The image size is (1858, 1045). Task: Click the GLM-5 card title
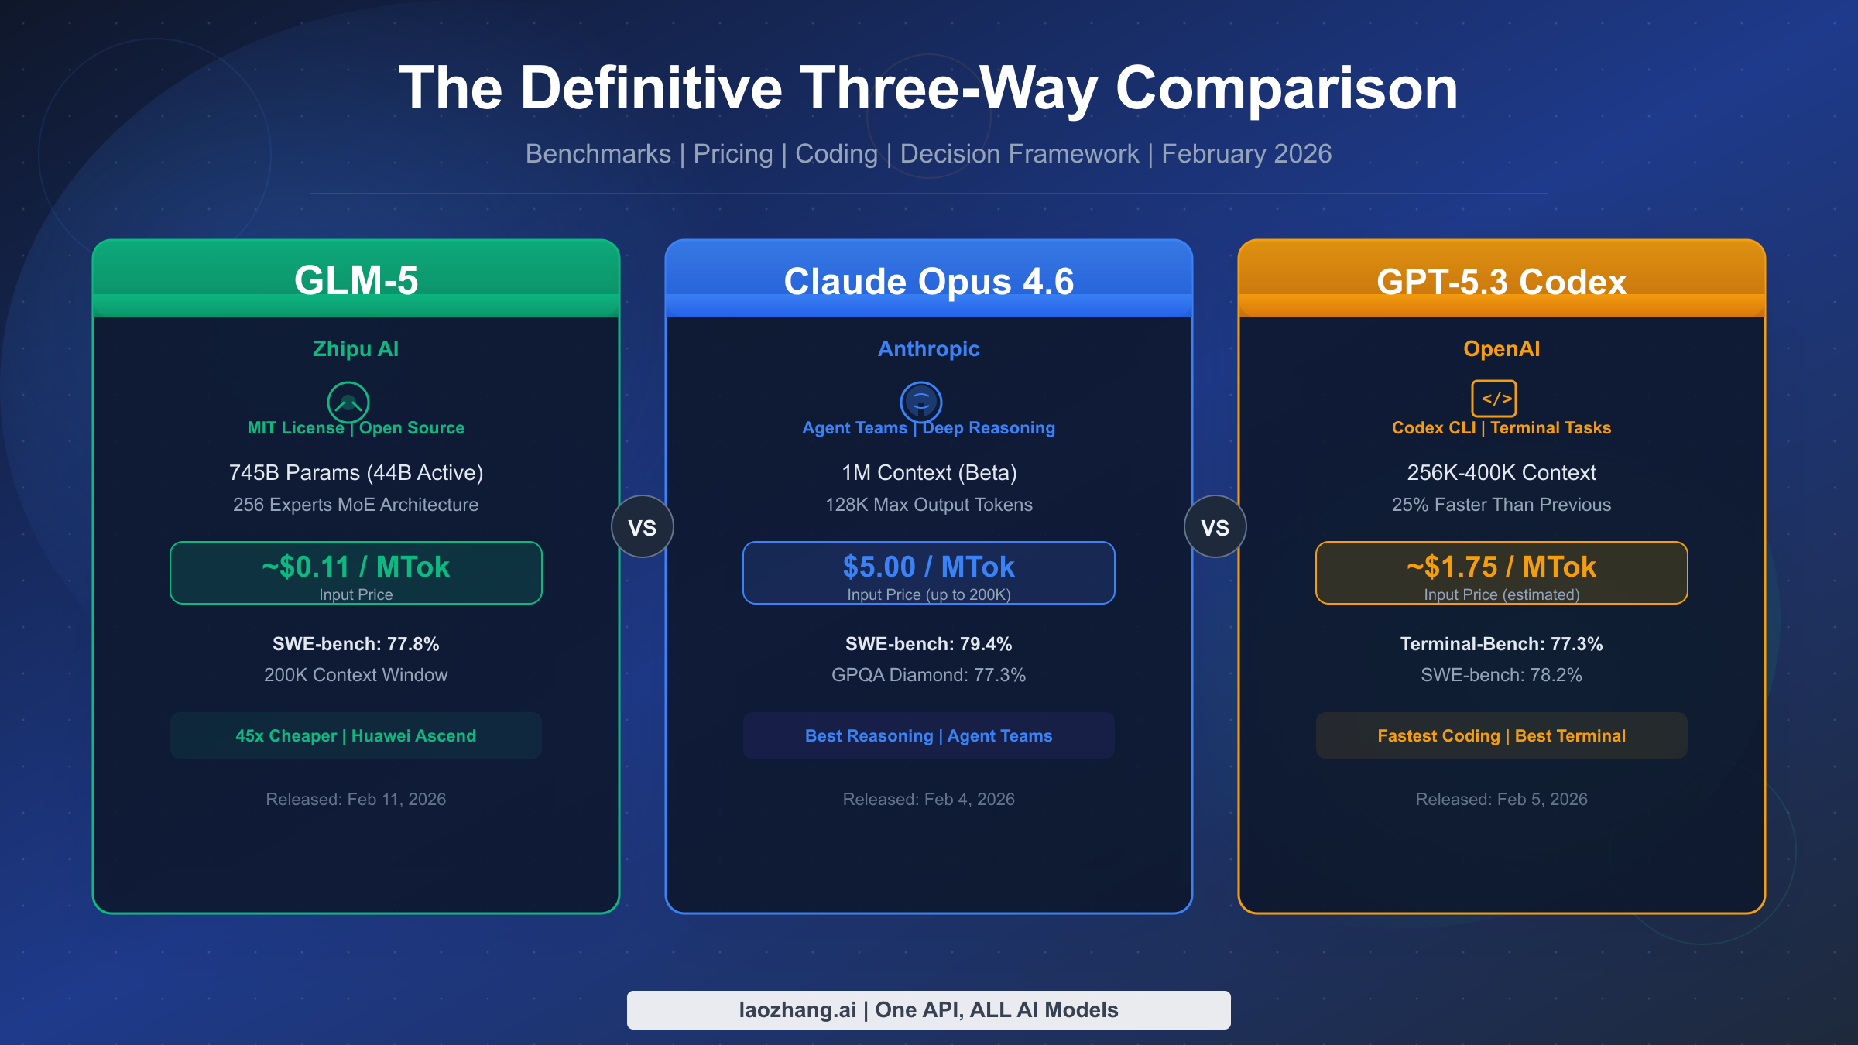[356, 280]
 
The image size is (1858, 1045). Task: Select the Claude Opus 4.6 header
[928, 281]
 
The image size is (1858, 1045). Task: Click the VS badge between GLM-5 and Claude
[643, 527]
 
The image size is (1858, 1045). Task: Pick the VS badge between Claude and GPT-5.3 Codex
[1215, 527]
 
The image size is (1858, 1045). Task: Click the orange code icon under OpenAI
[1494, 399]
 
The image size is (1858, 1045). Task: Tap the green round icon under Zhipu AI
[348, 402]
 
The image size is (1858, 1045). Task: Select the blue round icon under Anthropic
[921, 402]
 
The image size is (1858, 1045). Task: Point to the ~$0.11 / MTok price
[356, 567]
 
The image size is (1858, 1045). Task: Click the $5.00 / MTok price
[928, 567]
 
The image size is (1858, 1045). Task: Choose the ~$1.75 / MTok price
[1501, 567]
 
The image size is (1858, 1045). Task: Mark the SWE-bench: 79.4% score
[928, 644]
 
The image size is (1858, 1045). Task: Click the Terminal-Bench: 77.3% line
[1501, 644]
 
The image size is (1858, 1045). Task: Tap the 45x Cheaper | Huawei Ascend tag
[356, 735]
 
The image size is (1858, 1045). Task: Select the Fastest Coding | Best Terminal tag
[1501, 735]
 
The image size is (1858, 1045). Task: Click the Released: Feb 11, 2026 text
[356, 799]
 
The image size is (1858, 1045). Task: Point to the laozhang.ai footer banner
[928, 1009]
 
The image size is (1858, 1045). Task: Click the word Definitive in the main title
[651, 88]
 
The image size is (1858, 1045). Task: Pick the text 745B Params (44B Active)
[356, 472]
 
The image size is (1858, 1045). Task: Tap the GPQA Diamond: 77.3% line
[928, 675]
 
